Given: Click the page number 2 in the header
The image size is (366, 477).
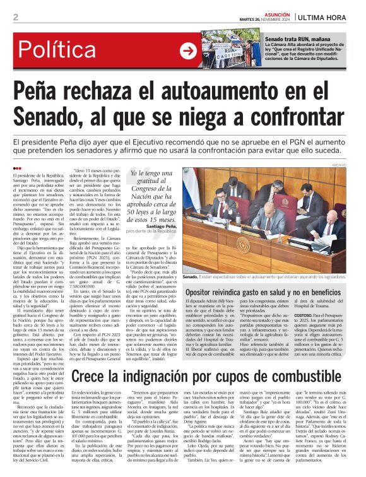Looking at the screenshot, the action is pos(15,17).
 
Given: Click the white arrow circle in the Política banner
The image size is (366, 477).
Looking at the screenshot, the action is pos(187,50).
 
